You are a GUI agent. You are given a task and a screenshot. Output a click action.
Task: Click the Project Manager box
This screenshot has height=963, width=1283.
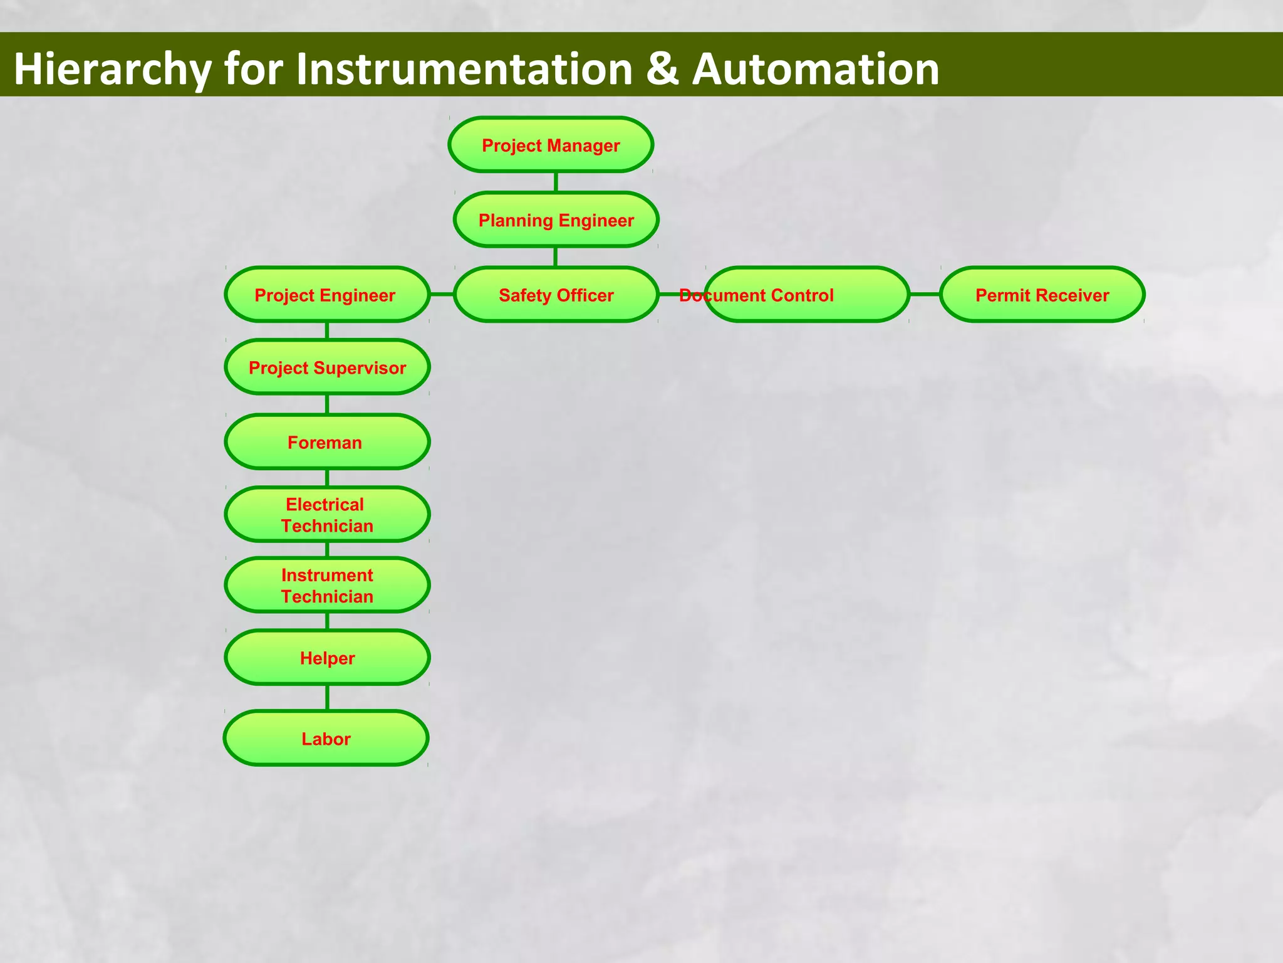[x=551, y=145]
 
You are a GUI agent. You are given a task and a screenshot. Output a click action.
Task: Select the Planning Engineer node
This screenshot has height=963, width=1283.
[x=556, y=220]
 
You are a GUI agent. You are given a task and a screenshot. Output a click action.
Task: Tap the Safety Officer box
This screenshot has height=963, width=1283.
[x=556, y=295]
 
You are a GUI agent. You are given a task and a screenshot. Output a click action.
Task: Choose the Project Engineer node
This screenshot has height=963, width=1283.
[x=326, y=295]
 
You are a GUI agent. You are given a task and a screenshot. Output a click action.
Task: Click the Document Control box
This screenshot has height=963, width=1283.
[x=806, y=295]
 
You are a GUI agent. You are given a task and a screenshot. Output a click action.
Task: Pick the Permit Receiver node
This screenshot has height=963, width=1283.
[x=1042, y=295]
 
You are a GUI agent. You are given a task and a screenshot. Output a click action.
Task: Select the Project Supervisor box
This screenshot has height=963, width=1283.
[x=326, y=367]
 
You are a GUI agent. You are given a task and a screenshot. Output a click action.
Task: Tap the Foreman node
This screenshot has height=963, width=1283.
[x=326, y=442]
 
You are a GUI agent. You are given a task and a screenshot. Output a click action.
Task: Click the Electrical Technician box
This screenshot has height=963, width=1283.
[x=326, y=515]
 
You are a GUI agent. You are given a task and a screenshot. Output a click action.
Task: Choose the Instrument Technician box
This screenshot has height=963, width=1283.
[x=326, y=586]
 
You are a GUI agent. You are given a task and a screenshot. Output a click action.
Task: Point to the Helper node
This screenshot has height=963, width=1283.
[x=326, y=658]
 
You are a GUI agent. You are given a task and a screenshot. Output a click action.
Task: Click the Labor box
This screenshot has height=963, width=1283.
[x=326, y=739]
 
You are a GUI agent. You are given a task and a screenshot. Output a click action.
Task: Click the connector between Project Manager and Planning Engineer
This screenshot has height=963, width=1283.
[x=556, y=182]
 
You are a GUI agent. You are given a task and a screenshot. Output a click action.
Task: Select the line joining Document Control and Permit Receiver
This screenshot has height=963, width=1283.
[x=924, y=294]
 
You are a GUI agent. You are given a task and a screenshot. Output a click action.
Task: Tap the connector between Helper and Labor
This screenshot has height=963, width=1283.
[x=327, y=697]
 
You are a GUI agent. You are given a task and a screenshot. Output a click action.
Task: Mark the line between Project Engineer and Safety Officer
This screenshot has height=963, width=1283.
[x=442, y=294]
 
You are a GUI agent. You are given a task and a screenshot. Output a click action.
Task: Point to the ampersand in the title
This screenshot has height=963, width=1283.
[x=662, y=69]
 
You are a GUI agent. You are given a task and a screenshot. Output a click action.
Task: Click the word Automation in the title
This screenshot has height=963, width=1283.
[x=815, y=69]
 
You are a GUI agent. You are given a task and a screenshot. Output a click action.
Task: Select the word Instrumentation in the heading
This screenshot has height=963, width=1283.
[x=464, y=69]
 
